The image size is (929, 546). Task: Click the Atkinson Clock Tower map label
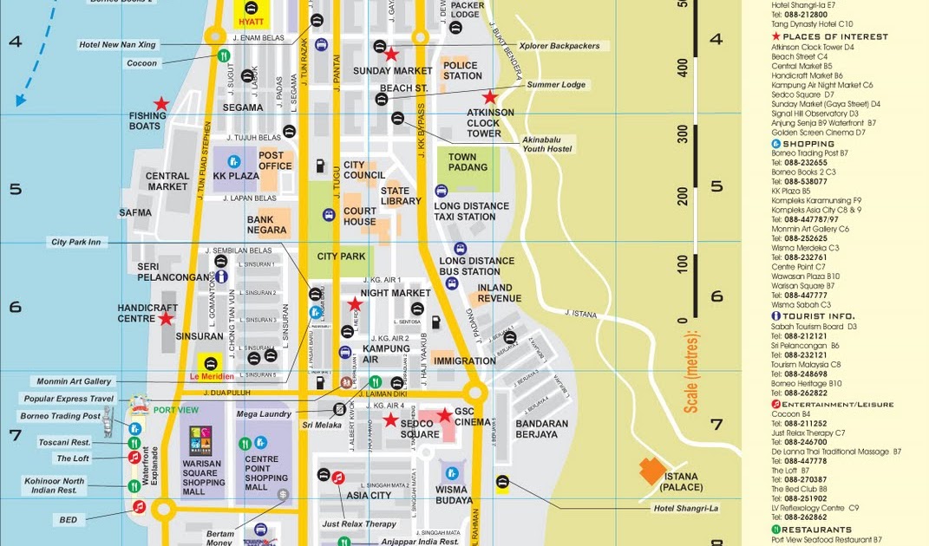coord(490,123)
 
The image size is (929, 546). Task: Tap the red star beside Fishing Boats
coord(160,104)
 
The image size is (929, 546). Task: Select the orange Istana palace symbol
coord(653,471)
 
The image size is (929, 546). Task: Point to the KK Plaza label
coord(237,176)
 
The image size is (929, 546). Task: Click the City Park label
coord(341,257)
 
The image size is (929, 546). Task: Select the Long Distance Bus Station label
coord(476,266)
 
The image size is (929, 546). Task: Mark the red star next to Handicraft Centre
coord(165,318)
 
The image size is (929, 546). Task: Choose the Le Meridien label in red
coord(212,376)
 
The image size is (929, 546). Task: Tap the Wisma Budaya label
coord(452,494)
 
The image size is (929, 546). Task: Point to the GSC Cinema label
coord(476,417)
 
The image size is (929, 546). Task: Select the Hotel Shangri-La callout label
coord(686,508)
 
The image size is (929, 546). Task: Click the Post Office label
coord(275,160)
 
